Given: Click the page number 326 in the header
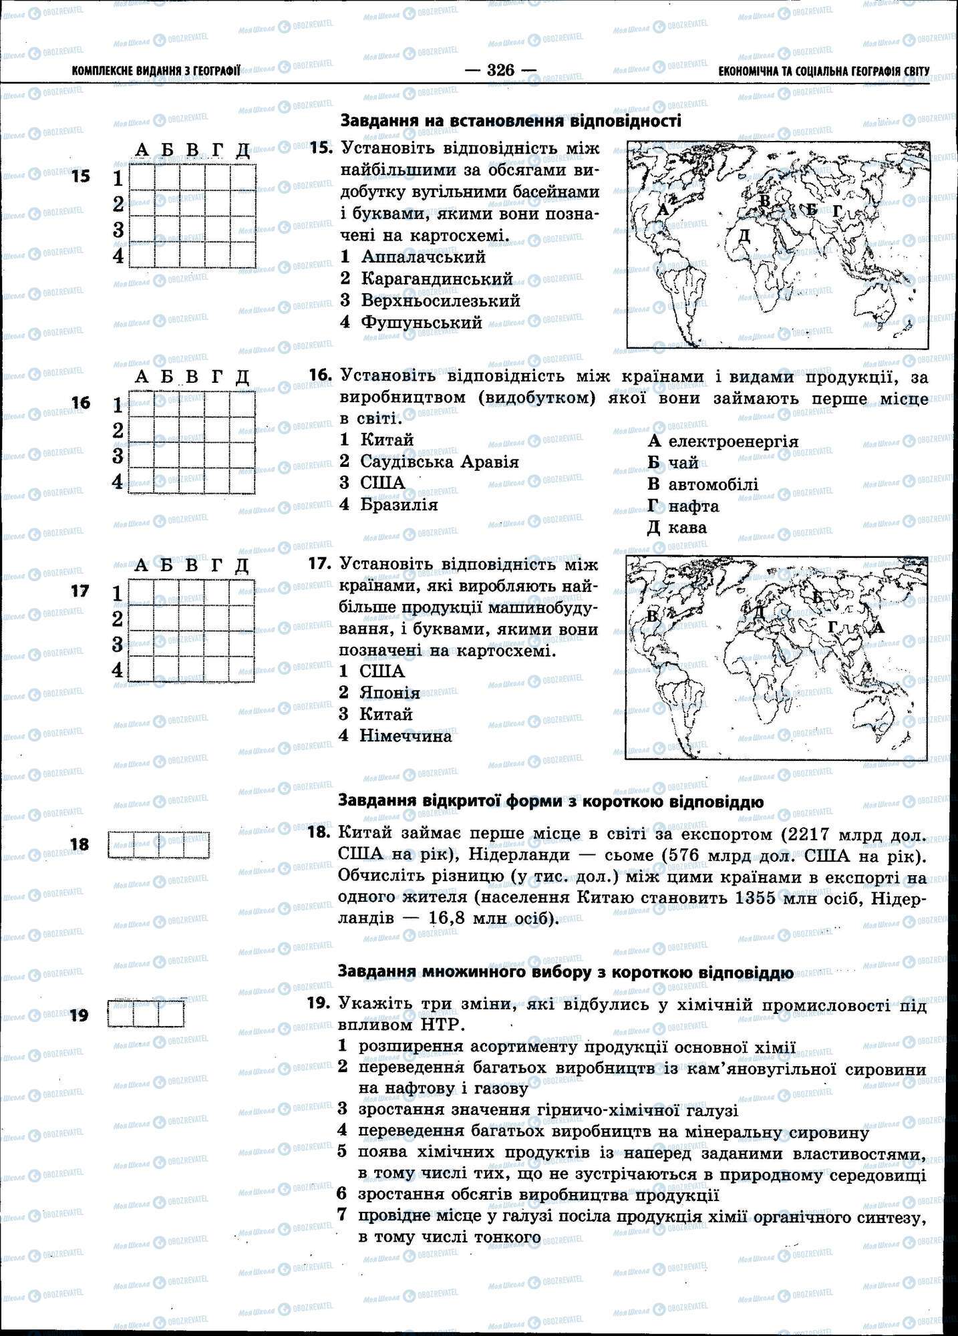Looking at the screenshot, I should click(500, 70).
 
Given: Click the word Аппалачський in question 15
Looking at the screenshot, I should click(423, 257).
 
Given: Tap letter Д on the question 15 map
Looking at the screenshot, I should click(744, 235).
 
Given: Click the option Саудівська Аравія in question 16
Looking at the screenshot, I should click(439, 462).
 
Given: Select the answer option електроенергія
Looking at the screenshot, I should click(733, 441).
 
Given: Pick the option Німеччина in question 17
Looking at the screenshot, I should click(406, 736).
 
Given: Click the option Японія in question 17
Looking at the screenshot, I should click(389, 693).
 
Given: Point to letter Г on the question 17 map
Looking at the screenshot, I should click(833, 626).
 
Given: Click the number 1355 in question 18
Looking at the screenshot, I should click(758, 898).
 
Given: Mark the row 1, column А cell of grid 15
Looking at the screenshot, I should click(141, 178).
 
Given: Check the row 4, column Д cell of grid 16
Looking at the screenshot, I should click(243, 481).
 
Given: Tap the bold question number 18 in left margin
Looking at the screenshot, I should click(79, 845).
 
